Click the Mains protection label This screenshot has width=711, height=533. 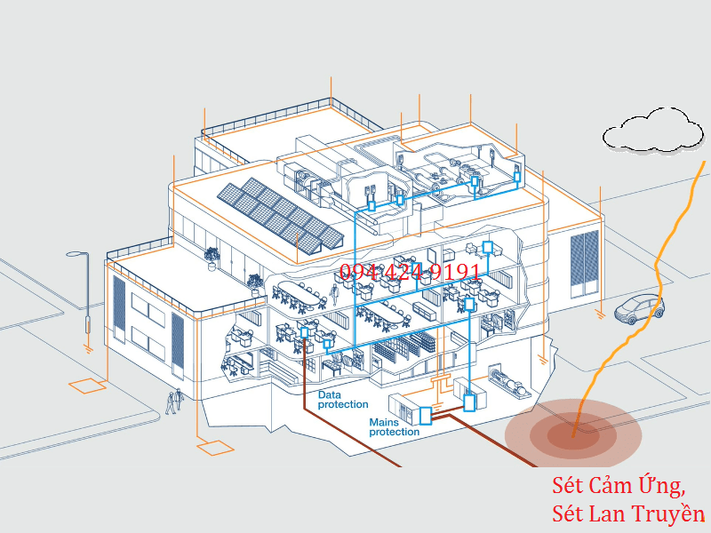point(395,426)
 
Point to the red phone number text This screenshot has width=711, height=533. point(411,273)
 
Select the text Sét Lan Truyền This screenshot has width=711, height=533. point(627,513)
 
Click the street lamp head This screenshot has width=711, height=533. point(76,255)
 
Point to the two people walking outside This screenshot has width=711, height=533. point(174,401)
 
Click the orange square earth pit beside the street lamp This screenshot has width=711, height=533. point(88,386)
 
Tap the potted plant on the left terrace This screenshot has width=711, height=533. point(212,256)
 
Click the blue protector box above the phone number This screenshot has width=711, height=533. point(486,247)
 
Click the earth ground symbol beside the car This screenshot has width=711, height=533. point(601,313)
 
